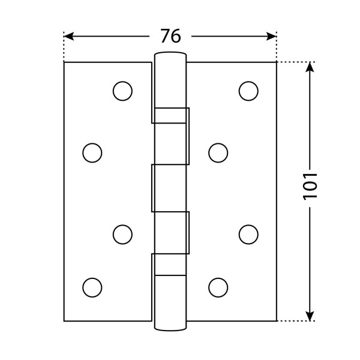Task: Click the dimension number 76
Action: point(170,36)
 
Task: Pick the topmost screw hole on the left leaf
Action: point(122,91)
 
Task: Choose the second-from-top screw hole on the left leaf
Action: point(92,152)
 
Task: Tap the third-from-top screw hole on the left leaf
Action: point(122,234)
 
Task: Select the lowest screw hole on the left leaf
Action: point(92,287)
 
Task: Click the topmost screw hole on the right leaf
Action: point(248,91)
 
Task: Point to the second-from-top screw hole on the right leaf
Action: point(218,152)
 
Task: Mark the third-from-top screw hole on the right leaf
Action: point(248,234)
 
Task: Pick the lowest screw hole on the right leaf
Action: point(218,287)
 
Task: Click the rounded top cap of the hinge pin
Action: point(170,57)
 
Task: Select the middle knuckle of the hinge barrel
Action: point(170,188)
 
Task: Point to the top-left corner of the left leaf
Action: point(64,62)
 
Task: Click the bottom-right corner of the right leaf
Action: point(277,321)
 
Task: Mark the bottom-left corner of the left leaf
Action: point(64,321)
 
